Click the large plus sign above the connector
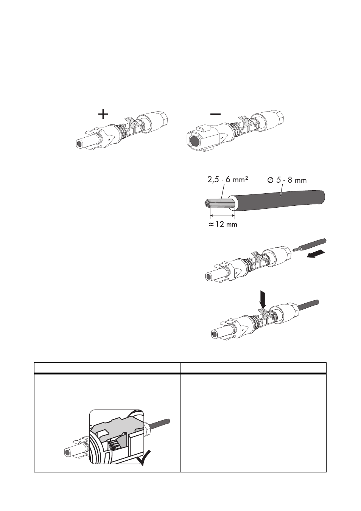coord(103,114)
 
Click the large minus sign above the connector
coord(215,114)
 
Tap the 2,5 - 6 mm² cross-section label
coord(227,180)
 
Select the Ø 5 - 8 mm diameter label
coord(287,180)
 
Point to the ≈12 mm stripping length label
coord(223,224)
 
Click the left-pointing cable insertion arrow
coord(315,254)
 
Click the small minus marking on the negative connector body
coord(222,138)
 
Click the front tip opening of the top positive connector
coord(79,144)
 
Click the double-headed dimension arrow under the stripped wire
coord(222,215)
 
